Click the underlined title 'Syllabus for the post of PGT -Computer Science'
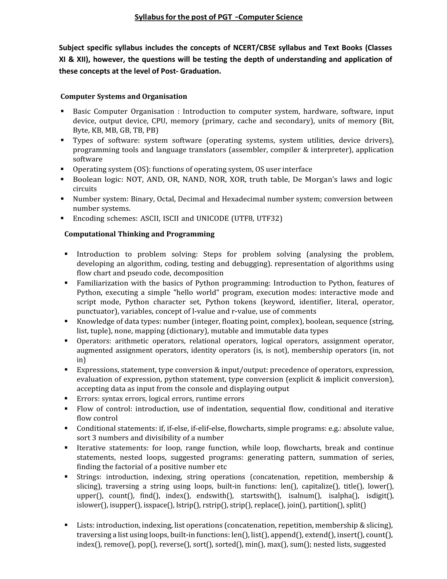(x=218, y=17)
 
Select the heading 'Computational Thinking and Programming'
(x=139, y=234)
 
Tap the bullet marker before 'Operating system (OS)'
(x=62, y=169)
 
